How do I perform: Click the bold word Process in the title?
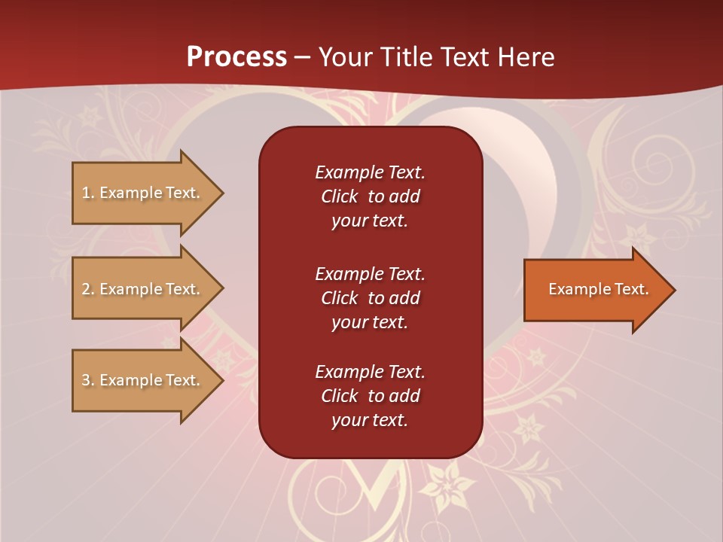pos(236,57)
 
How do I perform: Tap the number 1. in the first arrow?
pos(88,193)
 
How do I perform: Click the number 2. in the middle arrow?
pos(88,289)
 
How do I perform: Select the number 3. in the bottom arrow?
pos(88,380)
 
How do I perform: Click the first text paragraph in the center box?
pos(370,196)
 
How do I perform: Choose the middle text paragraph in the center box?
pos(370,298)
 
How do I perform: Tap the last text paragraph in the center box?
pos(370,396)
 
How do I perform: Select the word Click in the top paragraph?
pos(340,196)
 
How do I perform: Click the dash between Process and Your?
pos(303,58)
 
